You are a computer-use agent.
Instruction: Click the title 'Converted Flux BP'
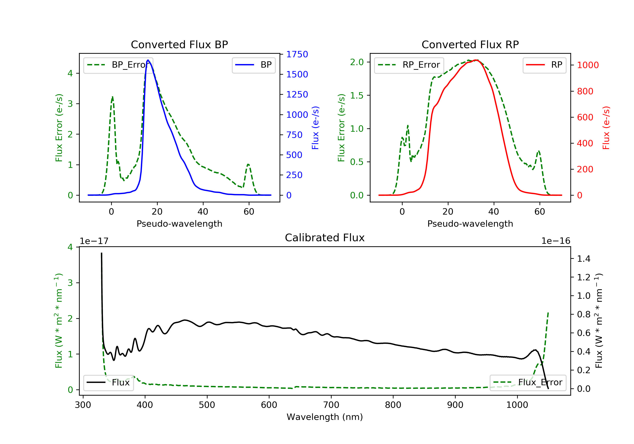(179, 44)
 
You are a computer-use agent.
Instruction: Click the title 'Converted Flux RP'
(470, 44)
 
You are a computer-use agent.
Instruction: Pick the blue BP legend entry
(253, 65)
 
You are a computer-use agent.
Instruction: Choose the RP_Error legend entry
(409, 65)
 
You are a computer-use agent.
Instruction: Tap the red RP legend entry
(544, 65)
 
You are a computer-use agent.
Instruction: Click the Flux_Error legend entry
(528, 382)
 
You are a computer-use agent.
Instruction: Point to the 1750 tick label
(297, 54)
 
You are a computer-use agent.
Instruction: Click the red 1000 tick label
(588, 65)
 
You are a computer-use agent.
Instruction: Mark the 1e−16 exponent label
(556, 241)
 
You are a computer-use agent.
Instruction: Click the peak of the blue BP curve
(148, 60)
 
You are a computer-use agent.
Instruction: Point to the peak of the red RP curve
(475, 60)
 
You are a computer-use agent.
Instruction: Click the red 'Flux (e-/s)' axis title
(606, 128)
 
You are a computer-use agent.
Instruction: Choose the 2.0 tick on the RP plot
(357, 62)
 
